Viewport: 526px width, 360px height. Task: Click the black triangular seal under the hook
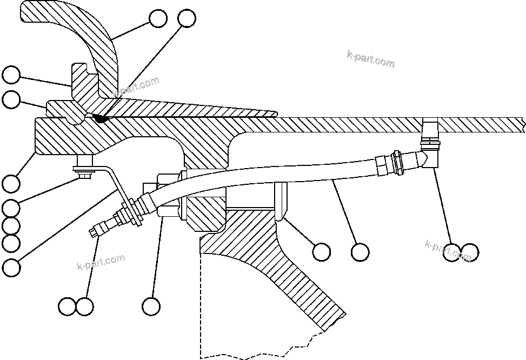coord(100,116)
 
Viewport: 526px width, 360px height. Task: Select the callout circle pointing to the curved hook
coord(158,18)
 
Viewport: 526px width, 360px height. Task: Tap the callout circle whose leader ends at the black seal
coord(187,18)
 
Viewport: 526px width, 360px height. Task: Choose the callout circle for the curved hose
coord(360,251)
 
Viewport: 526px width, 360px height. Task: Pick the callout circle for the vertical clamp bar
coord(322,251)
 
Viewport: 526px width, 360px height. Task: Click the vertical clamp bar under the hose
coord(281,201)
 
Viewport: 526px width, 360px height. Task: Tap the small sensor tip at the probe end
coord(94,232)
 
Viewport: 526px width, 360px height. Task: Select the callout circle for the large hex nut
coord(151,306)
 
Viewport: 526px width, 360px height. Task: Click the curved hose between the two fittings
coord(270,173)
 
